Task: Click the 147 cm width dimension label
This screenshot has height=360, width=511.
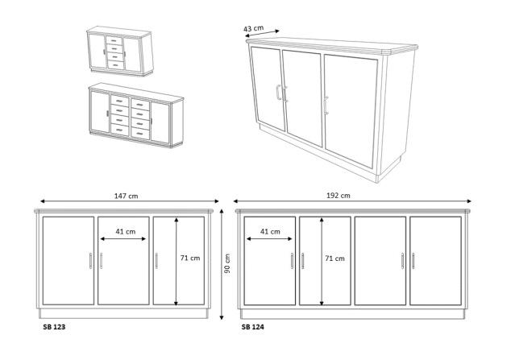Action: [x=126, y=196]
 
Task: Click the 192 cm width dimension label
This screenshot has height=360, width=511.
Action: [x=339, y=196]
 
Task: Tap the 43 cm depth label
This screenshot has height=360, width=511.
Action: [x=253, y=28]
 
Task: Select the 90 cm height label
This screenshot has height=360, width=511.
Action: [x=227, y=263]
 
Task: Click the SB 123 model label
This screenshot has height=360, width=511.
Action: [x=54, y=327]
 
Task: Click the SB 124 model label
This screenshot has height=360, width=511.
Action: [x=252, y=327]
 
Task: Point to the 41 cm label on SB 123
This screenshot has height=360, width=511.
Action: [x=126, y=232]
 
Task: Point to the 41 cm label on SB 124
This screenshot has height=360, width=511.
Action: [x=270, y=232]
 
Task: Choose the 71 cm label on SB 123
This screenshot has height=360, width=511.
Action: [x=190, y=258]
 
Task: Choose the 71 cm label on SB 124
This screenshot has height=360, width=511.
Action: [x=334, y=259]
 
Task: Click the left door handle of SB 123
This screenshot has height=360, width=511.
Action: [x=90, y=261]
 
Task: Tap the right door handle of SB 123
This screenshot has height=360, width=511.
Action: [x=156, y=261]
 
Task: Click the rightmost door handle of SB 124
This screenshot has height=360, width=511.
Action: [x=413, y=261]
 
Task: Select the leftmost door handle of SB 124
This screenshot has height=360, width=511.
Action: [x=292, y=261]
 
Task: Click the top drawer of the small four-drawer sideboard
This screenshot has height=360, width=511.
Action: [x=114, y=40]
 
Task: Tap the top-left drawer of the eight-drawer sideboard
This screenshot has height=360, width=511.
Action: [x=120, y=100]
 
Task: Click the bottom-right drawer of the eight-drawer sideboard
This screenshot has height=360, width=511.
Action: [x=140, y=133]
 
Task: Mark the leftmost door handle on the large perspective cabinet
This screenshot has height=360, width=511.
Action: [x=278, y=92]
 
